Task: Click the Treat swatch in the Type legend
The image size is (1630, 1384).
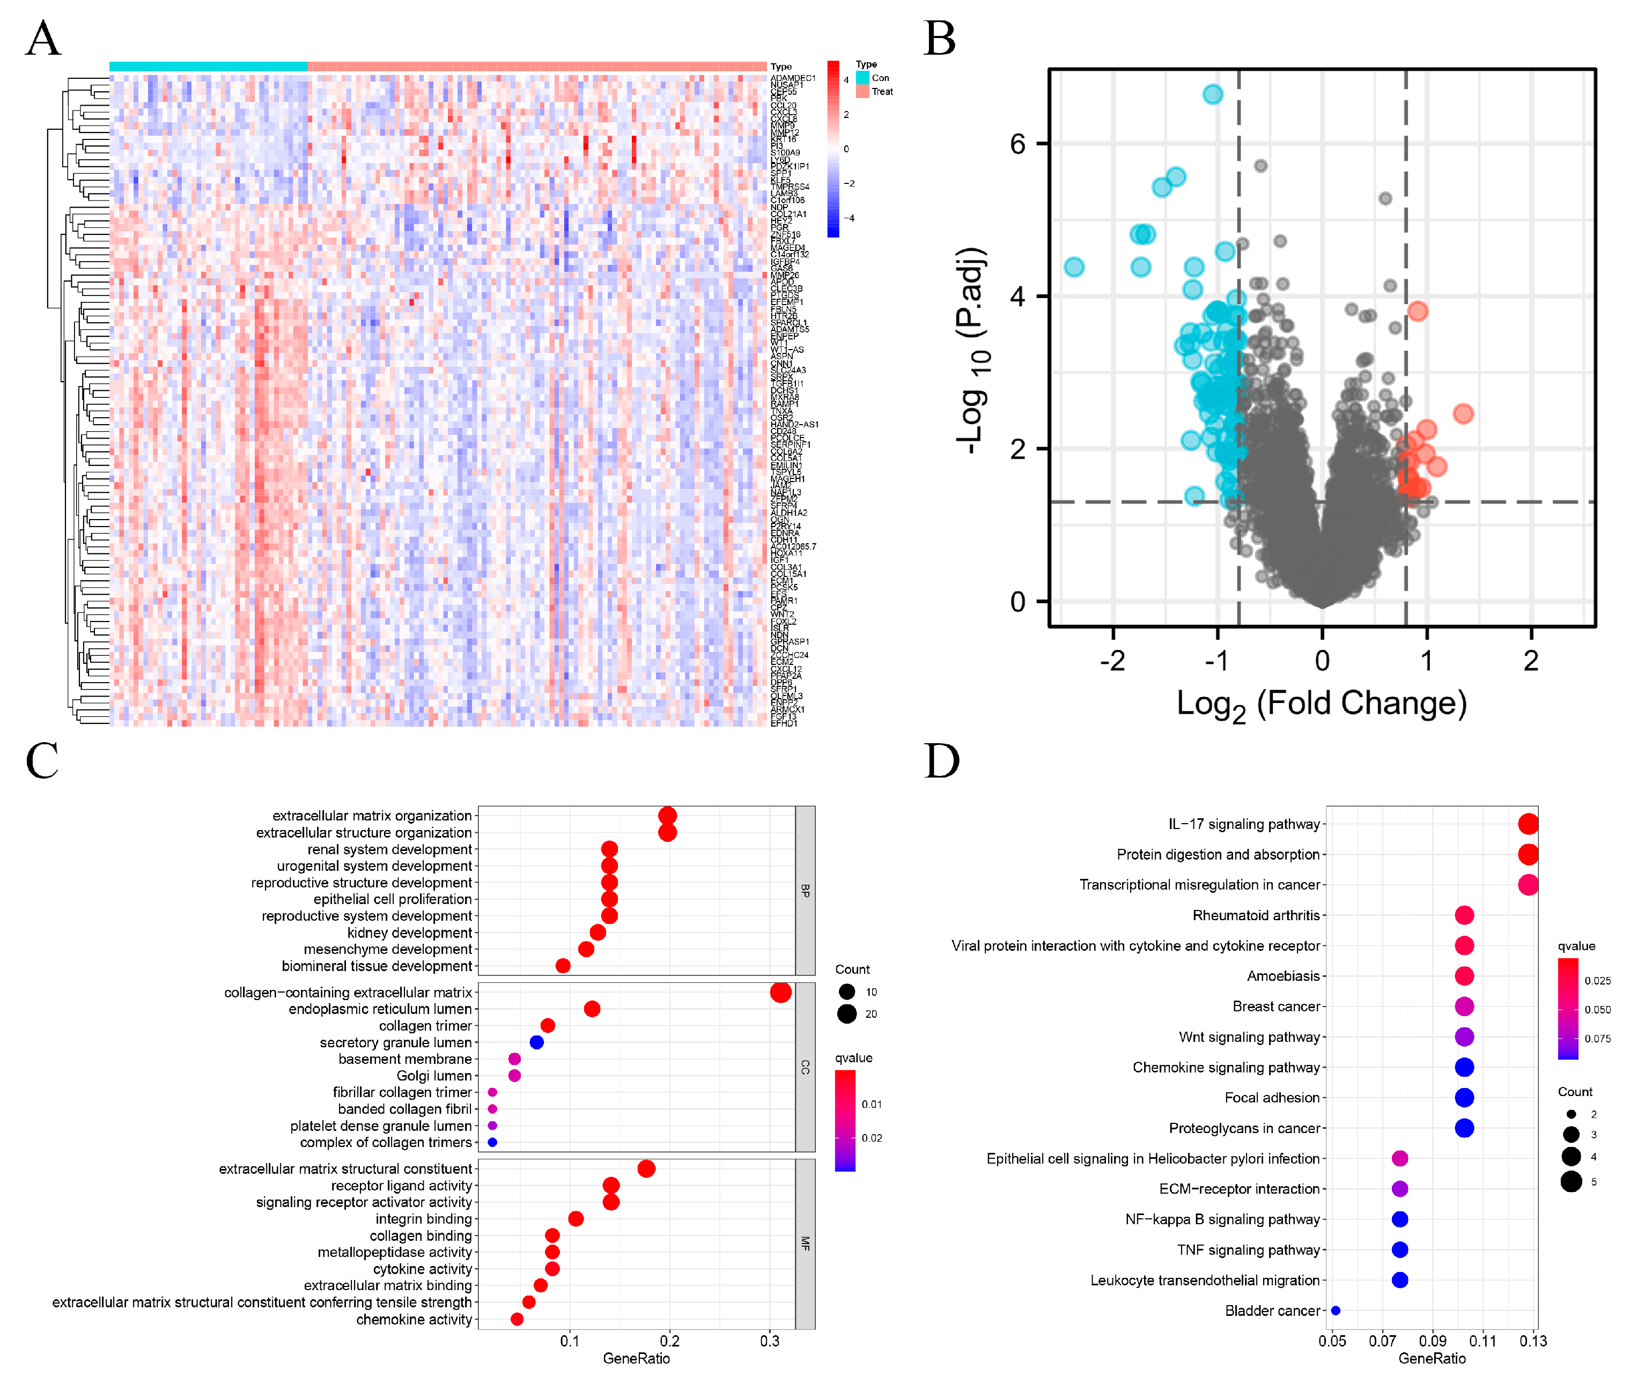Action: click(x=862, y=91)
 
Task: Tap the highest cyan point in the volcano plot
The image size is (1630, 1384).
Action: click(x=1213, y=94)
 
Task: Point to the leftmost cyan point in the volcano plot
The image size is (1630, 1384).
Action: click(x=1074, y=267)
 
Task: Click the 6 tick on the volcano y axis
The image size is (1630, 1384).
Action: click(x=1018, y=144)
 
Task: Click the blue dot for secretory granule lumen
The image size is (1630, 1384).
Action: click(x=537, y=1042)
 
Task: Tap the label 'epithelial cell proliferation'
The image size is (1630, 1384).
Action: click(x=393, y=899)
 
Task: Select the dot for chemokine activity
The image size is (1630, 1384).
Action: click(x=517, y=1319)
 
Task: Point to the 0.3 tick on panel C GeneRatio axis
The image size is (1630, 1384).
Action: click(x=770, y=1341)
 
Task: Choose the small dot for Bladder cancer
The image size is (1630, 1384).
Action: click(x=1336, y=1310)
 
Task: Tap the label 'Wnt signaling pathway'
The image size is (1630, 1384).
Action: click(x=1249, y=1037)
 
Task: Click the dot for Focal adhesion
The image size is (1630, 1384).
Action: click(x=1464, y=1098)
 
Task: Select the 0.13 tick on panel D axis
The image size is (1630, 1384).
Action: click(x=1533, y=1341)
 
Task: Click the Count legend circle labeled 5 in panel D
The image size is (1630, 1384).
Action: click(x=1571, y=1182)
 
